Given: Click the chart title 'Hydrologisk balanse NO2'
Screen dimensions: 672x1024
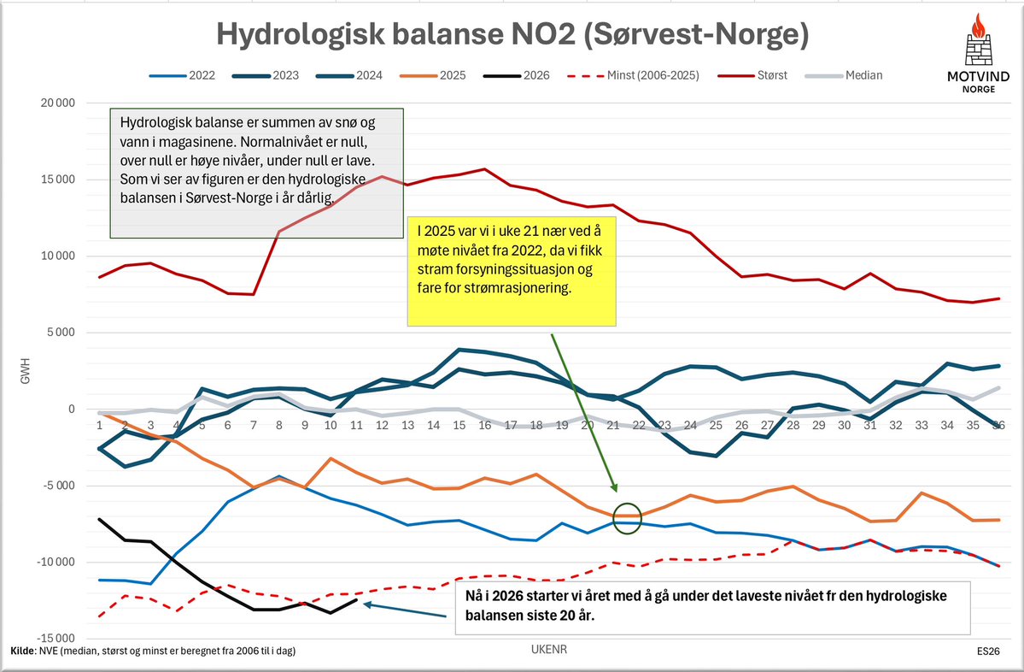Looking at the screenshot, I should pos(512,35).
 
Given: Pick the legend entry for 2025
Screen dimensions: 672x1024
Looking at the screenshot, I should pos(453,75).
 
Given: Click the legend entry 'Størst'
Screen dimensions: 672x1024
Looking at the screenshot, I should pos(770,75).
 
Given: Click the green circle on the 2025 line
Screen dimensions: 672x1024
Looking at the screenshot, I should pos(627,518).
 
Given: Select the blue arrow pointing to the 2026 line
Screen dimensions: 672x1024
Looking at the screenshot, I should pos(405,610).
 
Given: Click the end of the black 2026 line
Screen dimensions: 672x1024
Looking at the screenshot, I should pos(356,599).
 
